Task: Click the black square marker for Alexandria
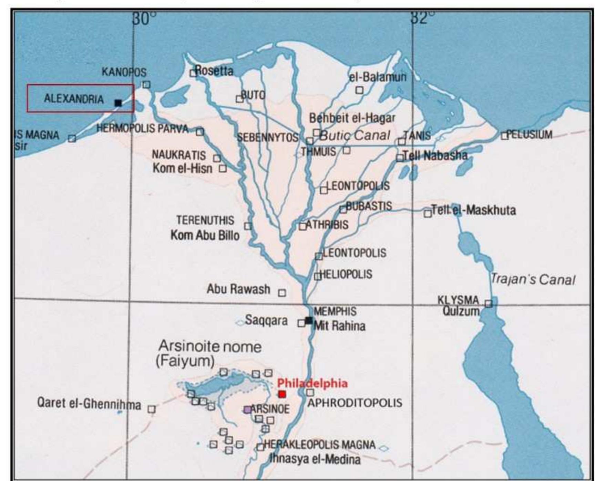click(118, 103)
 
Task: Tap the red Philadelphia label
click(312, 383)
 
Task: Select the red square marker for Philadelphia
click(282, 394)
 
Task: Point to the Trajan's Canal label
click(533, 279)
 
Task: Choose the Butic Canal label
click(355, 135)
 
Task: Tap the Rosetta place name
click(214, 71)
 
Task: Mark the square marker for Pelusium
click(504, 136)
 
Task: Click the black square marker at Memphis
click(309, 321)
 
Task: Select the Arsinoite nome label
click(209, 346)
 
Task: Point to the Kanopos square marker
click(146, 85)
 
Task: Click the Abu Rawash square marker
click(282, 293)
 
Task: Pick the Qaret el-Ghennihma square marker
click(152, 409)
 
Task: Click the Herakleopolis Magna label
click(320, 445)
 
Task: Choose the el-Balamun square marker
click(359, 90)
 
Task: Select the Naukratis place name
click(179, 155)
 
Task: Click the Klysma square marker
click(488, 303)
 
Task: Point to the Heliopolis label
click(347, 274)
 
